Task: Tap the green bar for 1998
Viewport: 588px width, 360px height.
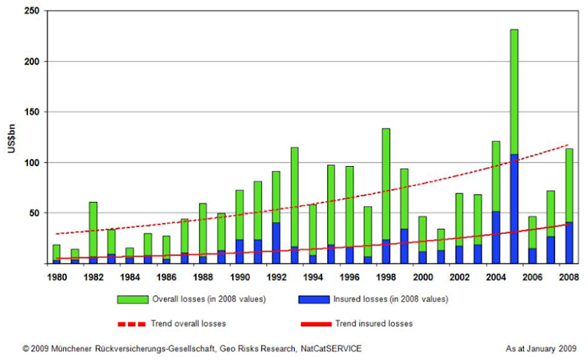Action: pyautogui.click(x=386, y=184)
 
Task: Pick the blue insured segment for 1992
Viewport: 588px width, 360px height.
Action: pyautogui.click(x=276, y=242)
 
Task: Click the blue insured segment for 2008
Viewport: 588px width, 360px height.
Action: pyautogui.click(x=570, y=242)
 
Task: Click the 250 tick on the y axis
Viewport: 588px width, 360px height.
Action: pyautogui.click(x=32, y=12)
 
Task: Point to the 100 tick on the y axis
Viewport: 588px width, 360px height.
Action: pyautogui.click(x=32, y=162)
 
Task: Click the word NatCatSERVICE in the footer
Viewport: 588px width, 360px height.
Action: pyautogui.click(x=325, y=348)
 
